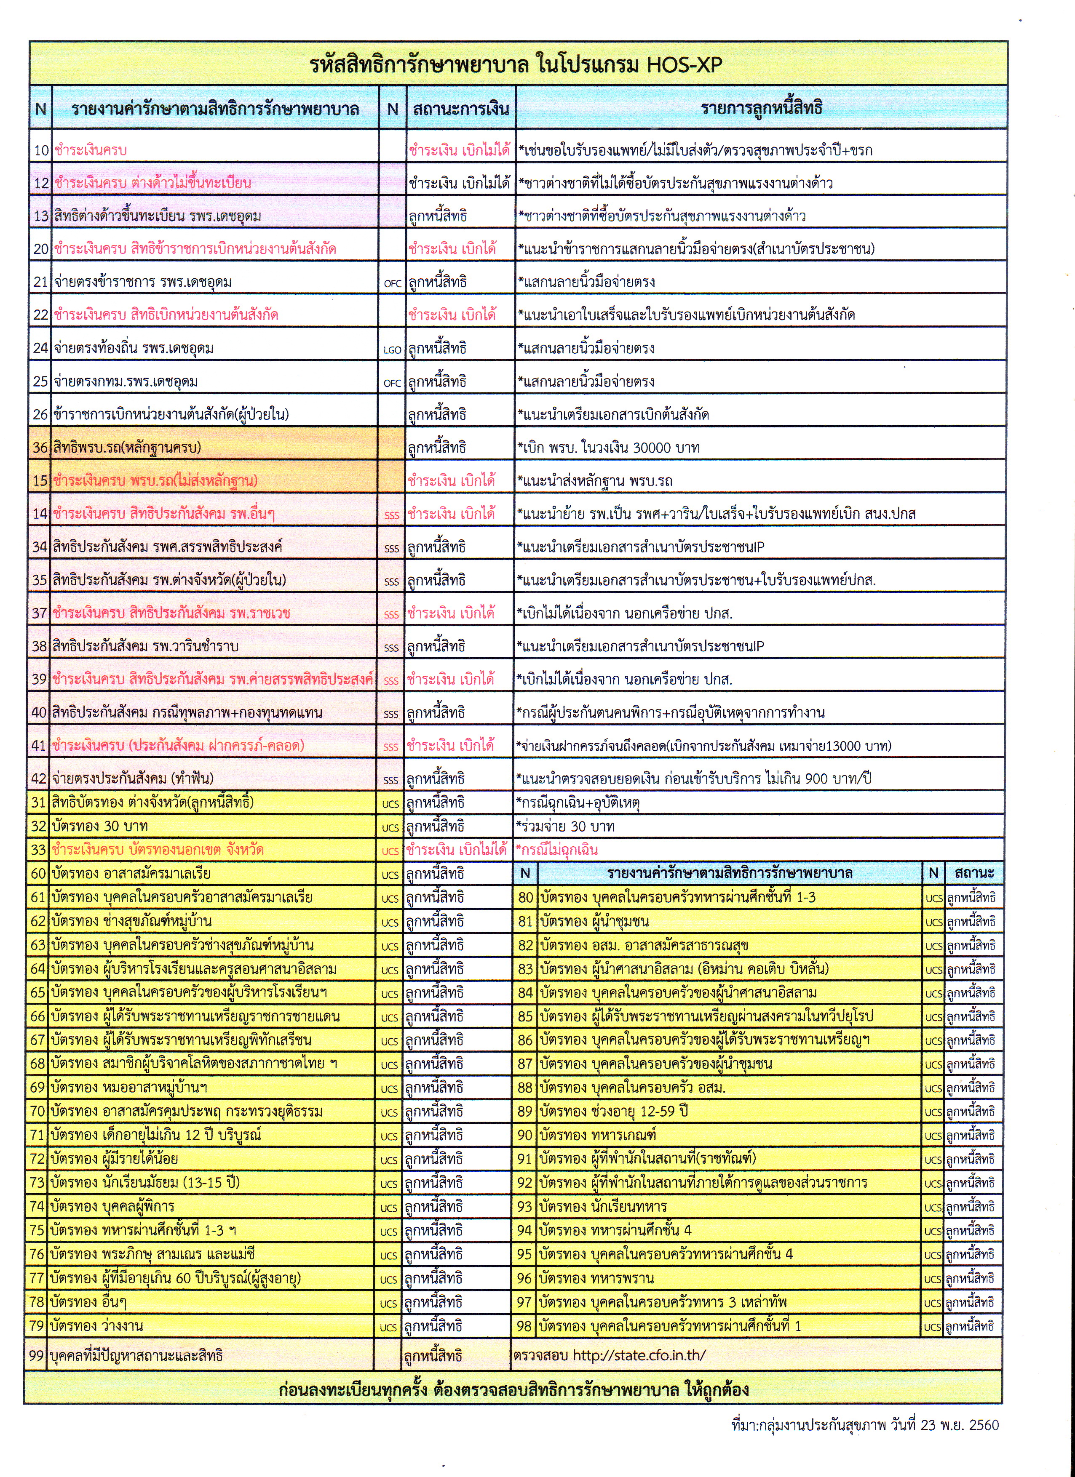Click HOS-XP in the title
pos(684,64)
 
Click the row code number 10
pos(41,150)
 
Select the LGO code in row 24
pos(392,350)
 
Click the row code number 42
pos(39,778)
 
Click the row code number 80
pos(526,897)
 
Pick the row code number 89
pos(525,1112)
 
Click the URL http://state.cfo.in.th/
pos(639,1355)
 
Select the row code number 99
pos(37,1355)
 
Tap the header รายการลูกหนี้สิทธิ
pos(761,108)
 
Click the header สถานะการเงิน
pos(460,109)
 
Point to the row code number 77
pos(38,1278)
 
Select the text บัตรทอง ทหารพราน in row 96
pos(596,1278)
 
